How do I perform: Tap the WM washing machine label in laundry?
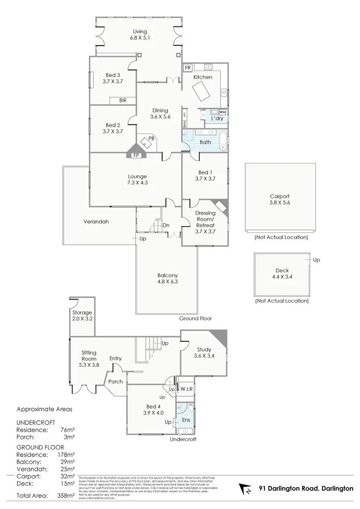point(222,112)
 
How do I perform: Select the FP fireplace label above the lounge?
point(136,155)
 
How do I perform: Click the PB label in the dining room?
point(151,138)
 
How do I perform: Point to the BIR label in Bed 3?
point(116,100)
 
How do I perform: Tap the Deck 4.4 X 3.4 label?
point(281,273)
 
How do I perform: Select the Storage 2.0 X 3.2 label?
point(82,315)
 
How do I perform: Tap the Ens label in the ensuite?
point(185,420)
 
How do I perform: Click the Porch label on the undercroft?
point(115,382)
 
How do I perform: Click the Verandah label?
point(96,222)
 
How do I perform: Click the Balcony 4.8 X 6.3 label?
point(168,279)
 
